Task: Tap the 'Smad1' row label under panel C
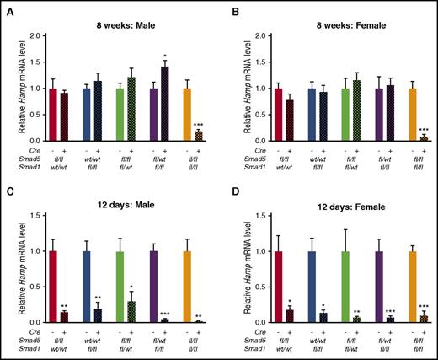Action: pos(30,350)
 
